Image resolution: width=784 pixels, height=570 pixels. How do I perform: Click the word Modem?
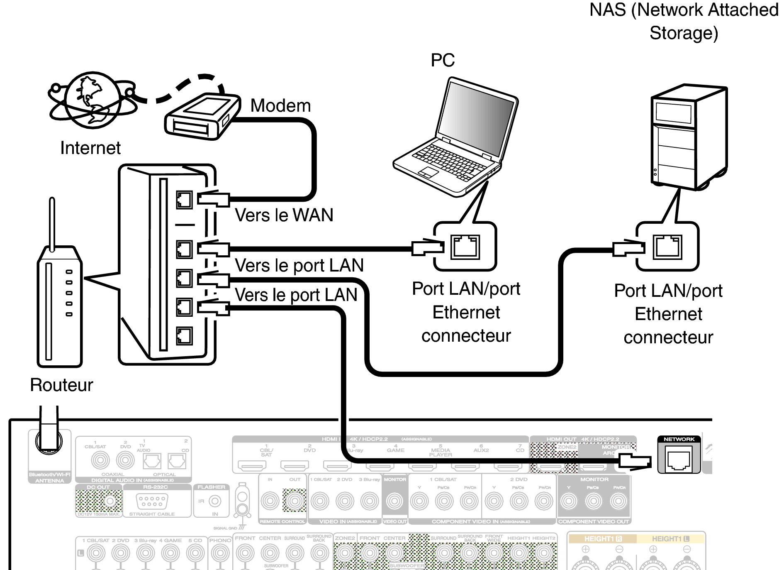click(x=280, y=106)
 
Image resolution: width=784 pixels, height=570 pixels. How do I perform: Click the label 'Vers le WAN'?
click(x=284, y=215)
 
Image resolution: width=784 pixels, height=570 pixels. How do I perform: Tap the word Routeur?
click(x=61, y=385)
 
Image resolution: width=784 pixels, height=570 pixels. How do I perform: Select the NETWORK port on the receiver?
click(x=679, y=460)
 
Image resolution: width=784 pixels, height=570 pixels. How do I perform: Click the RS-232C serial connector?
click(x=152, y=501)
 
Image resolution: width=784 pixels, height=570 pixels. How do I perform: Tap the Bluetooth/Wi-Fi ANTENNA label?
click(x=49, y=477)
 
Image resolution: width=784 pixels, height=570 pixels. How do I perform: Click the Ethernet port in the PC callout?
click(x=465, y=247)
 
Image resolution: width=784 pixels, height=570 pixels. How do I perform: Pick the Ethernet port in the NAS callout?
click(x=667, y=247)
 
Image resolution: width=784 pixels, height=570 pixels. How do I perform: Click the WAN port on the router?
click(x=184, y=200)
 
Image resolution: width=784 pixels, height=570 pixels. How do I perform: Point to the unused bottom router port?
click(x=184, y=336)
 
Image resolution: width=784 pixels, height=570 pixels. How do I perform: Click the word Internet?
click(x=90, y=148)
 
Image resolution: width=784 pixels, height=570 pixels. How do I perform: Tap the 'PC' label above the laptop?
click(x=443, y=61)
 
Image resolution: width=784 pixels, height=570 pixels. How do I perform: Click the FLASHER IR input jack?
click(x=214, y=501)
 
